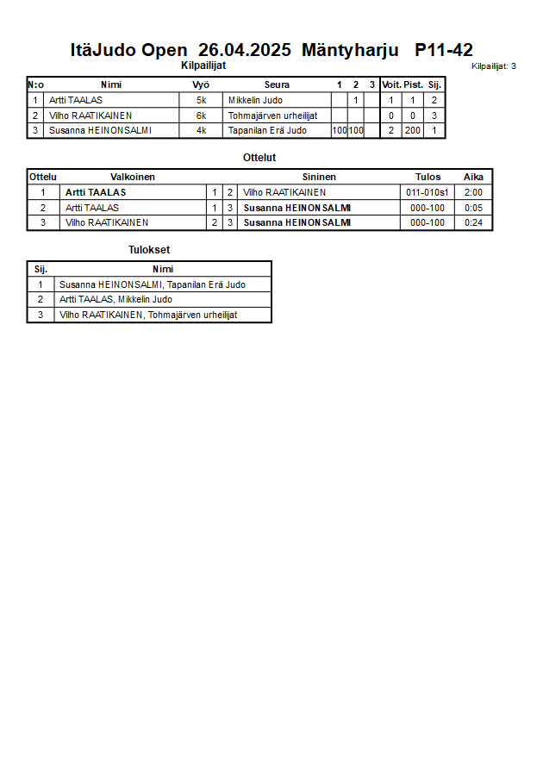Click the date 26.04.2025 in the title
(245, 50)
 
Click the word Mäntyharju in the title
(350, 50)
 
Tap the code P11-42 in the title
(443, 50)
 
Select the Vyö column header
(201, 84)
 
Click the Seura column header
(277, 84)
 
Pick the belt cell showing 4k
(201, 131)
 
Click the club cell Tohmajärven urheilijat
(272, 116)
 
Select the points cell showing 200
(412, 131)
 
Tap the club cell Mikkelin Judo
(255, 100)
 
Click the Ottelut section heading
(259, 158)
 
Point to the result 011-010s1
(428, 192)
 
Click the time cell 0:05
(473, 208)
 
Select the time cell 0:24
(473, 222)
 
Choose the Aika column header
(473, 177)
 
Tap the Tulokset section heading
(148, 250)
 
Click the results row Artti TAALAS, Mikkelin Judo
(115, 299)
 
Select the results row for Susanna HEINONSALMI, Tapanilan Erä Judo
(153, 284)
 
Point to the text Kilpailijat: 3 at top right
(494, 66)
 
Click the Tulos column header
(428, 177)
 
